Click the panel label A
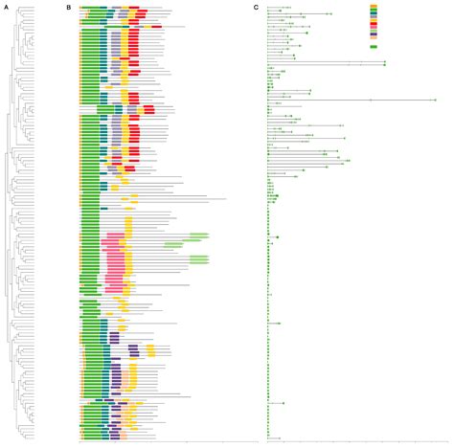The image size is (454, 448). coord(4,7)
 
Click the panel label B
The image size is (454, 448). coord(68,7)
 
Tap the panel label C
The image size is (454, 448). coord(256,7)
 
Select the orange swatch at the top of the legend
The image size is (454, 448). coord(374,6)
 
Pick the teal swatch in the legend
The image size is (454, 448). coord(374,13)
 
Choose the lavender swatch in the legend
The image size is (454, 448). coord(374,17)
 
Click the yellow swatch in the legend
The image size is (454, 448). coord(374,21)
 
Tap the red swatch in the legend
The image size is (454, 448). coord(374,25)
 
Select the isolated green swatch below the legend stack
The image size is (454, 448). coord(374,47)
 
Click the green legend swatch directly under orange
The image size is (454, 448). coord(374,10)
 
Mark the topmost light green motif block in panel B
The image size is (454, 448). coord(198,235)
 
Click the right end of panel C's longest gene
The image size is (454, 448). coord(435,100)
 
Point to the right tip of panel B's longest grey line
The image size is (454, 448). coord(226,199)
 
